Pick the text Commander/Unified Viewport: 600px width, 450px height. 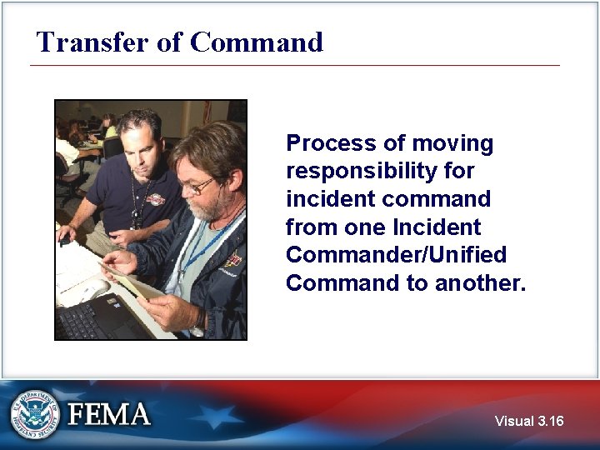[x=396, y=255]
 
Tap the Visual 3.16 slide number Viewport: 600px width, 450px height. [x=528, y=421]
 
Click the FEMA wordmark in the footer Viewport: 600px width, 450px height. [x=109, y=414]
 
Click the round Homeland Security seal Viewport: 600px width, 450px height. [x=36, y=413]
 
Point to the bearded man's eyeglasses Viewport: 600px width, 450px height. [x=197, y=186]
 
